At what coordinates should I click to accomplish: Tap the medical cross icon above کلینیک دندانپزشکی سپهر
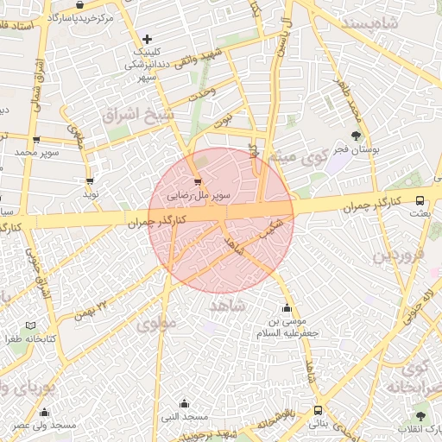(147, 39)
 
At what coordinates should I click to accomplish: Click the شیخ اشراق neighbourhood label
(137, 114)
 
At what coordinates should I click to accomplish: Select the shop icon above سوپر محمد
(35, 139)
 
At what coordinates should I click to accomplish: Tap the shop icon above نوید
(90, 180)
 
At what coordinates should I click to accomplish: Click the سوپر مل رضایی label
(199, 196)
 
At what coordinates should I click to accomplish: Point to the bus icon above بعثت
(420, 199)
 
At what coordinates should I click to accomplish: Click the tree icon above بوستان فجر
(357, 136)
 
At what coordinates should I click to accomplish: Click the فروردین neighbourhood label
(399, 256)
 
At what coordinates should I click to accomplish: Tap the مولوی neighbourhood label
(156, 325)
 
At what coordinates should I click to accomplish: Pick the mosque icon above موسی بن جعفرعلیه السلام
(287, 308)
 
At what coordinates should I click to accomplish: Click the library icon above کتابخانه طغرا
(32, 325)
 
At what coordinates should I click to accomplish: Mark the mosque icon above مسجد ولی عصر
(44, 412)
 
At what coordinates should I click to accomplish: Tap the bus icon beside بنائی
(319, 410)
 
